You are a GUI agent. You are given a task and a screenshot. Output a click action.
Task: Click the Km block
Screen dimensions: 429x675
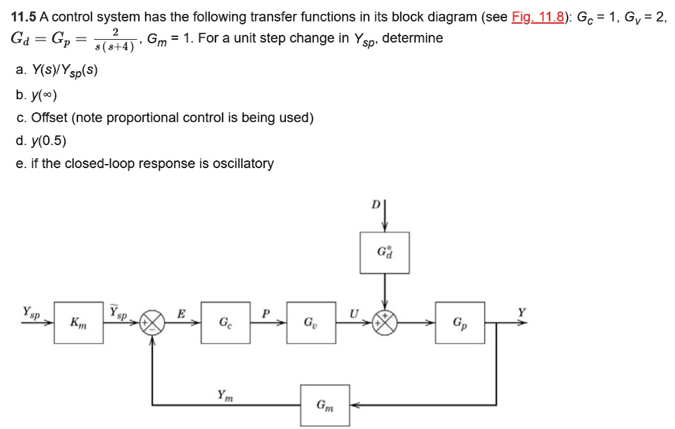coord(78,322)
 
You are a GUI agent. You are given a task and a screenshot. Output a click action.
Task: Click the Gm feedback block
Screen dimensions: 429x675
coord(325,405)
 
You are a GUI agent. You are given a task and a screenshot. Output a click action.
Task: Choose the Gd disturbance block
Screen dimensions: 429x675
coord(384,253)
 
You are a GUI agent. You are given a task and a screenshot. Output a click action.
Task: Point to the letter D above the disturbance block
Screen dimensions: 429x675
coord(375,206)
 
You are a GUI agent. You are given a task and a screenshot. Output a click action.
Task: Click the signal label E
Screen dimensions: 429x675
coord(181,313)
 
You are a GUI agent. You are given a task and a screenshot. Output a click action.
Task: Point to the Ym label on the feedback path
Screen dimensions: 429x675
coord(225,395)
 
